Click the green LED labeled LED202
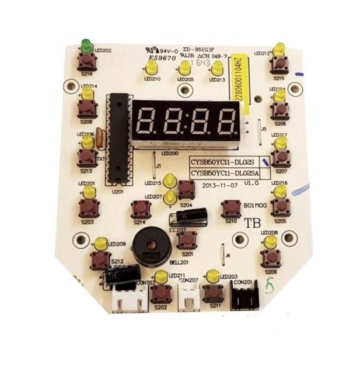click(x=86, y=44)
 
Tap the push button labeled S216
click(x=87, y=60)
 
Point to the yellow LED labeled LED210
click(x=152, y=67)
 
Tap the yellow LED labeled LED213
click(x=216, y=68)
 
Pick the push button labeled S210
click(x=231, y=209)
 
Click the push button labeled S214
click(x=141, y=209)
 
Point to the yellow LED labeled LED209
click(x=100, y=243)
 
